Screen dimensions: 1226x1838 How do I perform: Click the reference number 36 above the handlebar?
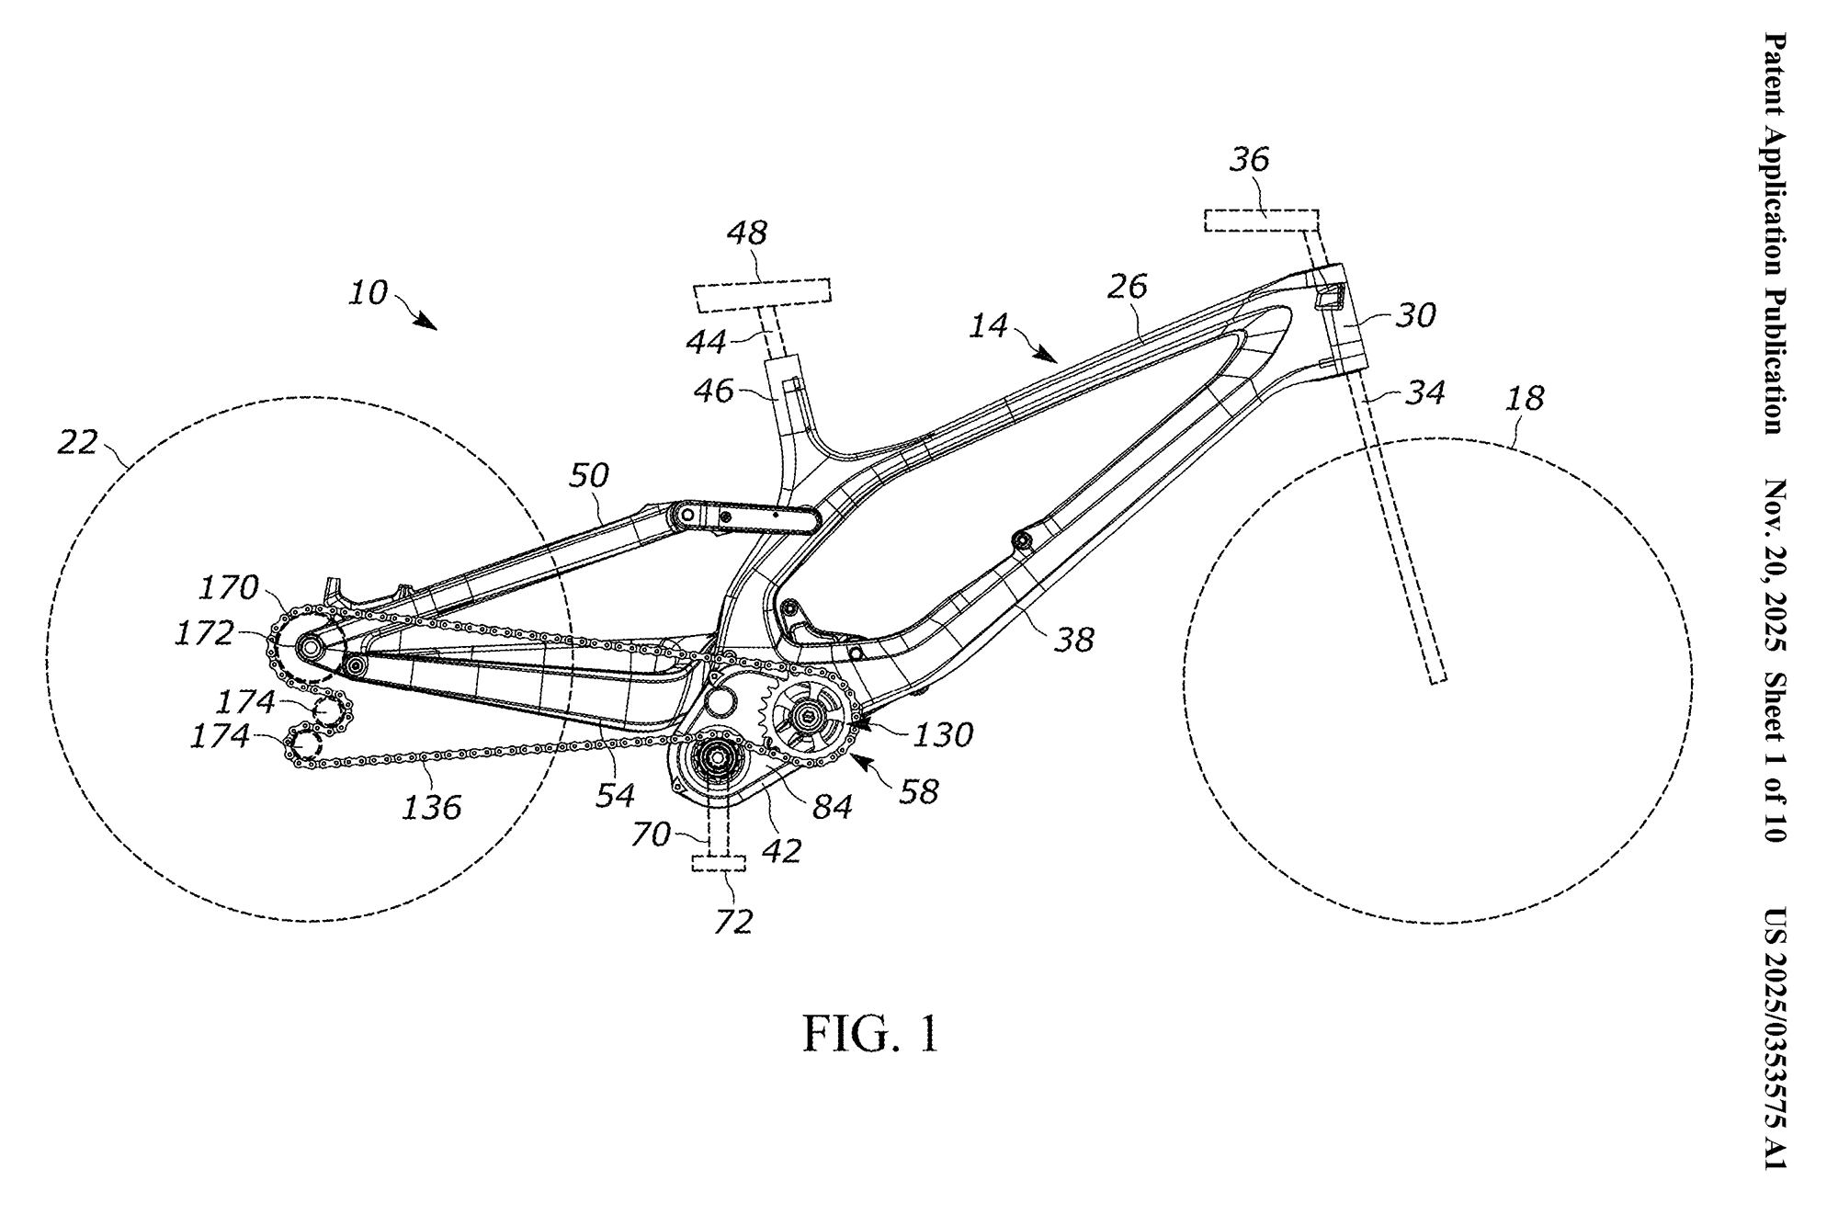pos(1249,160)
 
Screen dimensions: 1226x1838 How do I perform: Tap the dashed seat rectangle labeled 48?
pos(762,294)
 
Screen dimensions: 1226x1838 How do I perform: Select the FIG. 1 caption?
pos(870,1034)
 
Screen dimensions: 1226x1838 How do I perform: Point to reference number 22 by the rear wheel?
pos(77,443)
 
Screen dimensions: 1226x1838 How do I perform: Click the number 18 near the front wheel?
pos(1525,399)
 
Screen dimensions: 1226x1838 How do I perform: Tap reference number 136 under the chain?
pos(432,807)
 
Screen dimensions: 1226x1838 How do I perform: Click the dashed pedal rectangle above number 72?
pos(719,864)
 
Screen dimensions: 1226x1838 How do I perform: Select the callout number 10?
pos(369,293)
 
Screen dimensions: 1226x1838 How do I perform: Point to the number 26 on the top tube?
pos(1129,287)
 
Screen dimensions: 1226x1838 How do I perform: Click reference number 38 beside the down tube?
pos(1073,640)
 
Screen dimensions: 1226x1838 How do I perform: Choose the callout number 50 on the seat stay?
pos(588,475)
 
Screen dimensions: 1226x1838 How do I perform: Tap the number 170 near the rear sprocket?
pos(228,587)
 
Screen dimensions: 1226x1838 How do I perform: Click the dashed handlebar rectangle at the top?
pos(1261,220)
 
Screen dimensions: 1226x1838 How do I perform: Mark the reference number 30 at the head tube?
pos(1415,316)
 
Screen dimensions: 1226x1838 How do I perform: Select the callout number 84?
pos(832,807)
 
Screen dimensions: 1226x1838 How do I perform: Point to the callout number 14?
pos(988,325)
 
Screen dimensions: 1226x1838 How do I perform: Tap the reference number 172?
pos(205,633)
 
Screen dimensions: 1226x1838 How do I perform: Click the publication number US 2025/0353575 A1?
pos(1774,1039)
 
